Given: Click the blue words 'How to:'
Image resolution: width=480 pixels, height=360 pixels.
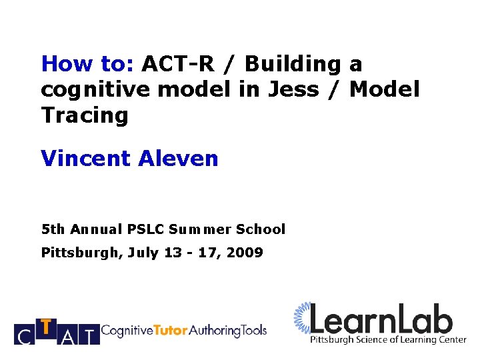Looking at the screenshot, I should [x=87, y=64].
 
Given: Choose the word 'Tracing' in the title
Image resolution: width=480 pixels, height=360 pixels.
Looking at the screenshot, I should [x=84, y=115].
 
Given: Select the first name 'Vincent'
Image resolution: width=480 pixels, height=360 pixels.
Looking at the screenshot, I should [x=85, y=159].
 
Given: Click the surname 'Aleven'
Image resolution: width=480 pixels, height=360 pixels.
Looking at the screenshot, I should [x=178, y=159].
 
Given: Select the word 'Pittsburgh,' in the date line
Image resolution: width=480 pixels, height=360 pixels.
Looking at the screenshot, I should [x=79, y=253].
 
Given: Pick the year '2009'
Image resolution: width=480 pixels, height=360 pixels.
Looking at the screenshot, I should [x=245, y=253].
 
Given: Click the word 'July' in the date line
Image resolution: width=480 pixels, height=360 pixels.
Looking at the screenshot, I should [x=141, y=253].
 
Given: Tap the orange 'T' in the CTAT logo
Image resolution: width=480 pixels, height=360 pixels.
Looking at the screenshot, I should [x=45, y=327].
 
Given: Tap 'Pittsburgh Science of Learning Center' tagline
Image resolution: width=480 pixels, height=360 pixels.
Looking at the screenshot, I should [x=388, y=340].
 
